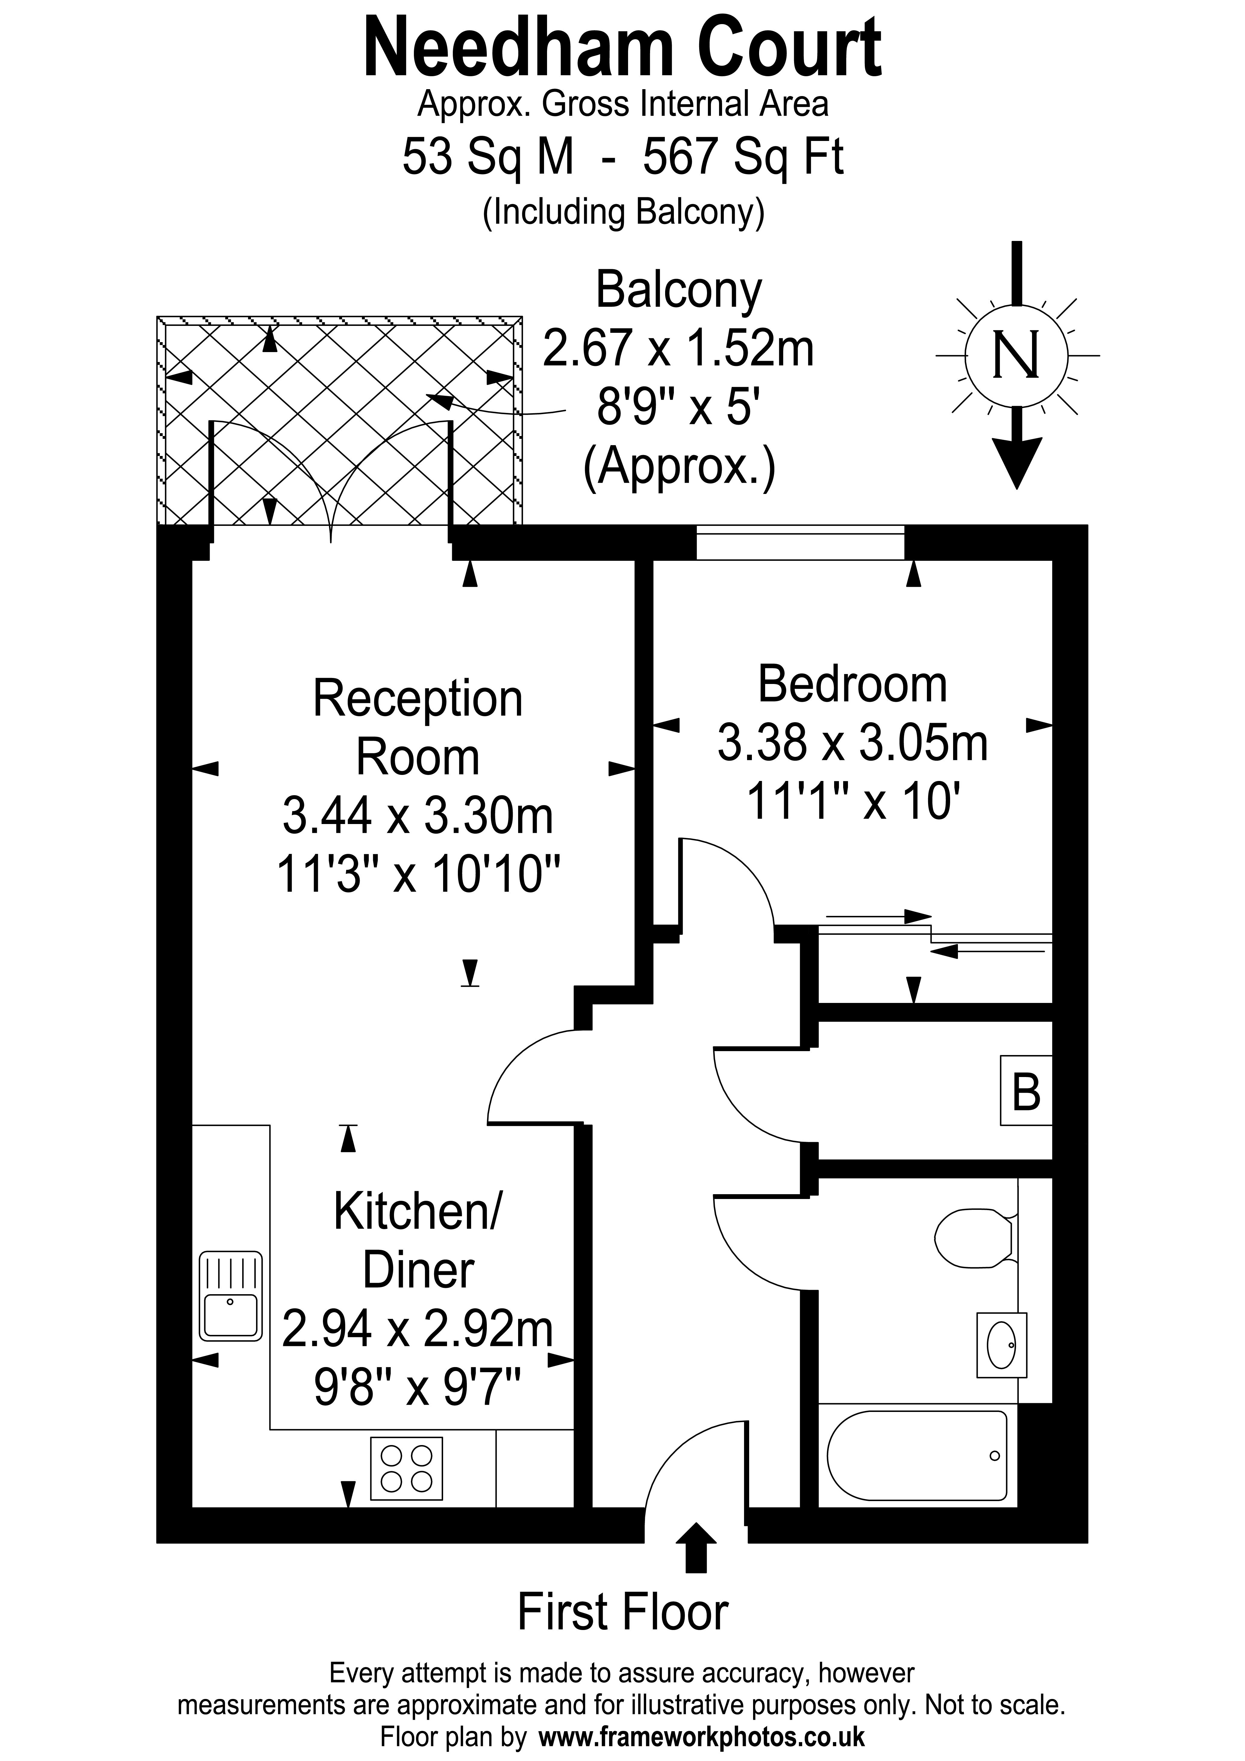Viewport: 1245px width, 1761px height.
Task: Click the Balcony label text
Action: tap(678, 290)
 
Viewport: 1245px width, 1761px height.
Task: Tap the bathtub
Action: tap(917, 1456)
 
